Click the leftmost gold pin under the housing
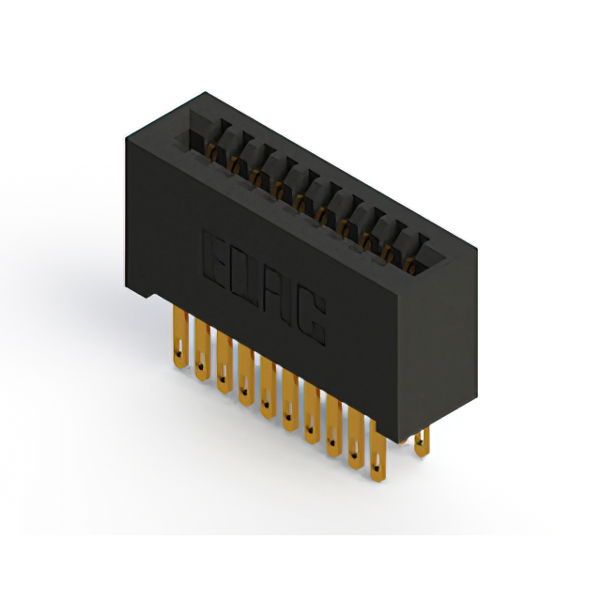(180, 337)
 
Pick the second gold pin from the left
(203, 349)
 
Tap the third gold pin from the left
(224, 362)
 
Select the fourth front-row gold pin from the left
(246, 375)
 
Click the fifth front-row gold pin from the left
(269, 387)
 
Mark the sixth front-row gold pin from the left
(290, 399)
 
